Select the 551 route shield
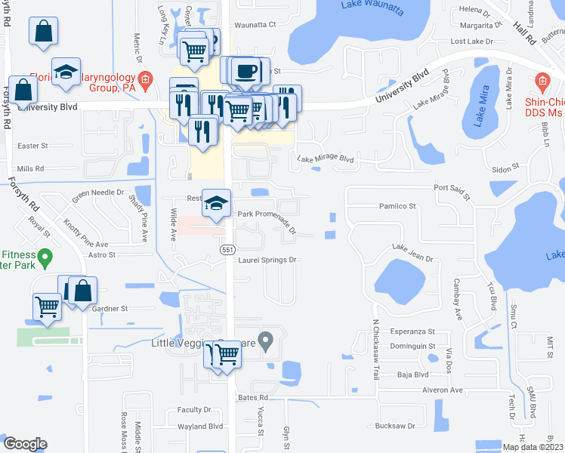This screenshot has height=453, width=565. (227, 249)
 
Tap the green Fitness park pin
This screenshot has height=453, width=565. (45, 260)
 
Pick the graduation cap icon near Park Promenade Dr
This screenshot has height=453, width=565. (217, 202)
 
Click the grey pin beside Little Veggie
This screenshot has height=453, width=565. (265, 341)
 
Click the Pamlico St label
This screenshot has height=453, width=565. (397, 206)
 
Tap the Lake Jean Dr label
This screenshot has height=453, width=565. (412, 253)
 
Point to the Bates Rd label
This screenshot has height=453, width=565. (253, 397)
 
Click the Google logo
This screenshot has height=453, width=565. (25, 444)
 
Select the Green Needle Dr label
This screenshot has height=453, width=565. (98, 193)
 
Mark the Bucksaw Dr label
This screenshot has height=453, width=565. (395, 426)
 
